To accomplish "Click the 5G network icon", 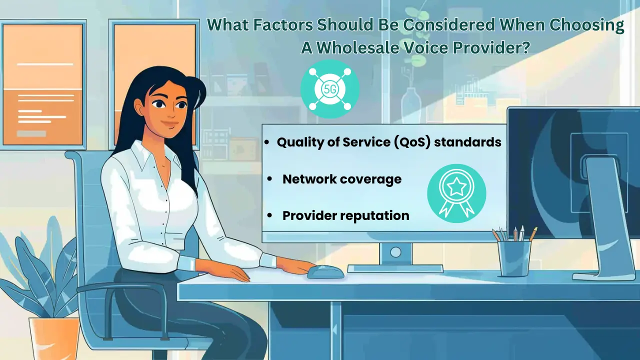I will pyautogui.click(x=329, y=89).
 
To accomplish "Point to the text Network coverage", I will pyautogui.click(x=341, y=179).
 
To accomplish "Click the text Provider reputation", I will pyautogui.click(x=345, y=215).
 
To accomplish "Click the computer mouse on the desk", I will pyautogui.click(x=325, y=271).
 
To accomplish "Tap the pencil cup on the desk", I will pyautogui.click(x=514, y=258).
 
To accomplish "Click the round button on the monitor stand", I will pyautogui.click(x=395, y=251).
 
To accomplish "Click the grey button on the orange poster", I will pyautogui.click(x=31, y=133).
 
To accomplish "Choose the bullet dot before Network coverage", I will pyautogui.click(x=270, y=179).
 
